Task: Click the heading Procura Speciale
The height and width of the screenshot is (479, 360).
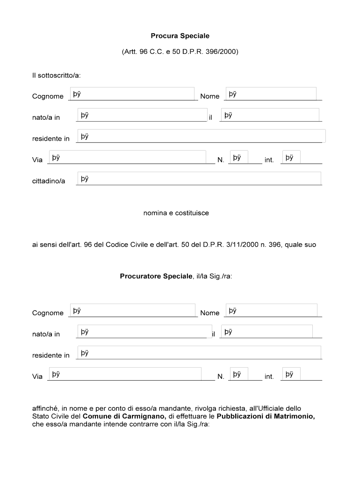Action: pyautogui.click(x=180, y=36)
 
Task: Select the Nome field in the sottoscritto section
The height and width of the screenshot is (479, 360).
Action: pyautogui.click(x=271, y=94)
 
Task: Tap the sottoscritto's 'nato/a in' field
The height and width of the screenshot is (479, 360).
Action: pyautogui.click(x=142, y=115)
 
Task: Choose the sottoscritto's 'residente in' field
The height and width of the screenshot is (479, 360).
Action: pyautogui.click(x=201, y=136)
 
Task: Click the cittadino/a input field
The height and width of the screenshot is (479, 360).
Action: pyautogui.click(x=199, y=178)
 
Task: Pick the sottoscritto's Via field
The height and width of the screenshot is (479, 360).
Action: pyautogui.click(x=127, y=157)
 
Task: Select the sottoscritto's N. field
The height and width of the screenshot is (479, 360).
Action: pyautogui.click(x=239, y=157)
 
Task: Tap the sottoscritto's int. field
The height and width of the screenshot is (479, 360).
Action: pyautogui.click(x=291, y=157)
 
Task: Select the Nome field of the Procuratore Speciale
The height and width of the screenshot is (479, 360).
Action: pyautogui.click(x=272, y=310)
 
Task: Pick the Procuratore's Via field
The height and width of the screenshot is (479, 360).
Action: pyautogui.click(x=124, y=374)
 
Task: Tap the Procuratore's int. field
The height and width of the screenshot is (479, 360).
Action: pyautogui.click(x=291, y=374)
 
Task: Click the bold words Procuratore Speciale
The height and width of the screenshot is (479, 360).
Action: pyautogui.click(x=156, y=276)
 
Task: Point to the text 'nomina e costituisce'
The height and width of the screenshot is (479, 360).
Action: pyautogui.click(x=176, y=213)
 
